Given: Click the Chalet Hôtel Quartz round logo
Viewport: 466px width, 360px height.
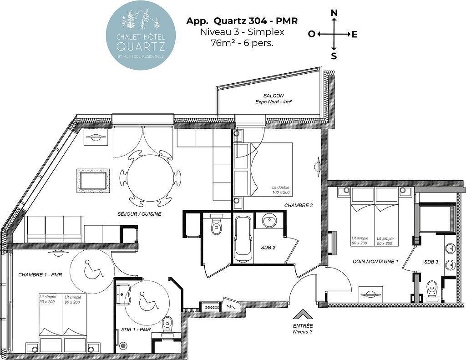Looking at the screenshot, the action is tap(141, 35).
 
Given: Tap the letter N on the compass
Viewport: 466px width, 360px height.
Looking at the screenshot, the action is tap(334, 13).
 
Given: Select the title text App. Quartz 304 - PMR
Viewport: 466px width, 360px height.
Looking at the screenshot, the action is tap(242, 21).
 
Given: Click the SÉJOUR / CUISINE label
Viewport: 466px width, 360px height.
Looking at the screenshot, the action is tap(139, 214).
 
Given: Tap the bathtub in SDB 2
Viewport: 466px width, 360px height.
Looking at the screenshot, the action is tap(243, 240).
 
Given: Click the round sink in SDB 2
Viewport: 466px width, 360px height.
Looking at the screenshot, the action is tap(269, 221).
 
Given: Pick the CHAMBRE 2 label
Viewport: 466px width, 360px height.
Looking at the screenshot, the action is tap(299, 205).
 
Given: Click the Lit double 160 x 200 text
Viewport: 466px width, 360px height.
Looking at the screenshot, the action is tap(280, 190).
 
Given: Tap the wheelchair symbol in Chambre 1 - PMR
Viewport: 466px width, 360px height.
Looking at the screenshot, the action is tap(92, 269).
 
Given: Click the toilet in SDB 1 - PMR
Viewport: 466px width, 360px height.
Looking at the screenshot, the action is tap(167, 324).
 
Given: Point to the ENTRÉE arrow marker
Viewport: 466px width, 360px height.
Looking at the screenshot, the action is tap(303, 314).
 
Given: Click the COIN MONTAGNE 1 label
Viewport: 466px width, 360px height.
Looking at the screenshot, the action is tap(375, 262).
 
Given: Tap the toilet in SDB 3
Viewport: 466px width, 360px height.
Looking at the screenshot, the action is tap(431, 288).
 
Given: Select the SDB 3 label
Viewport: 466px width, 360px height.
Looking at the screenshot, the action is tap(431, 262).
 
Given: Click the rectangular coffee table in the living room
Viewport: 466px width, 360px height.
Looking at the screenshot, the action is tap(93, 181).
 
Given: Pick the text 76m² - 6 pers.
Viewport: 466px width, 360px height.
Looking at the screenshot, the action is tap(242, 43).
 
